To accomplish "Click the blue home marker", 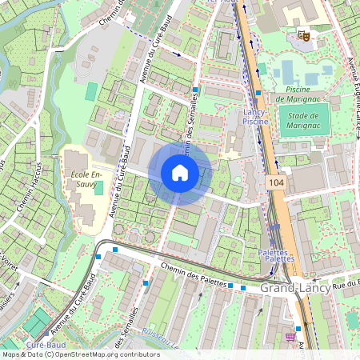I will (x=180, y=173).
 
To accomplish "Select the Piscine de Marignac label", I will (x=298, y=94).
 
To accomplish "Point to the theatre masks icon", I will (x=303, y=34).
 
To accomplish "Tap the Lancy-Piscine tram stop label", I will (x=255, y=118).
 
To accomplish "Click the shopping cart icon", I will (x=289, y=337).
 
